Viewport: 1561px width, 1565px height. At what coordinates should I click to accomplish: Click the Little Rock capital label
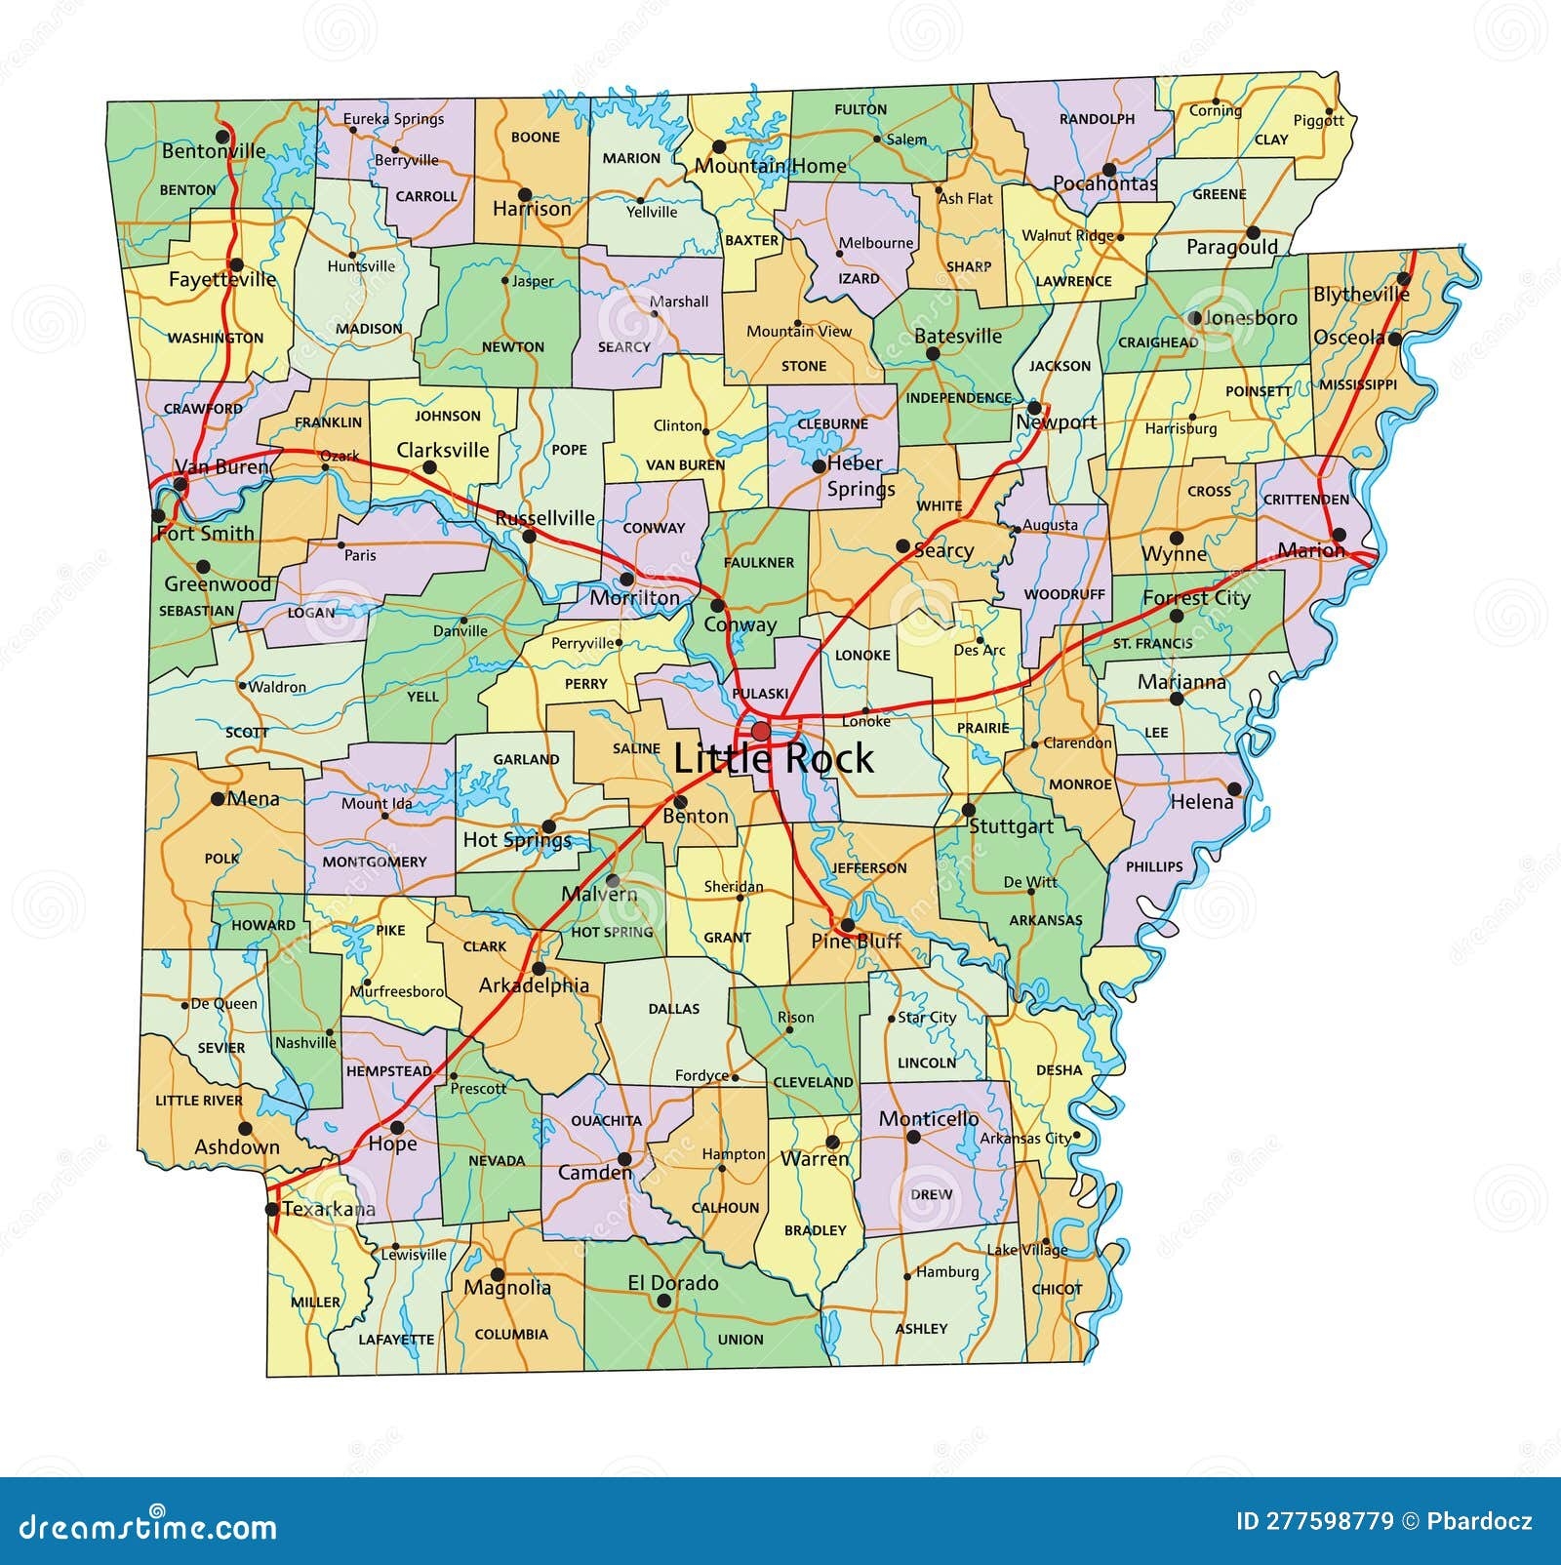pyautogui.click(x=774, y=758)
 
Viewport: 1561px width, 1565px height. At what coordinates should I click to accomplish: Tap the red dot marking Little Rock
pyautogui.click(x=760, y=731)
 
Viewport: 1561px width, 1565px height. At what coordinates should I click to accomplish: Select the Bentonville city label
pyautogui.click(x=214, y=151)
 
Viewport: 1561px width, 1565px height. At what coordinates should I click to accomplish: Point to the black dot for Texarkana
pyautogui.click(x=272, y=1209)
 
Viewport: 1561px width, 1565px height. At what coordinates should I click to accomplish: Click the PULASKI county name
pyautogui.click(x=760, y=694)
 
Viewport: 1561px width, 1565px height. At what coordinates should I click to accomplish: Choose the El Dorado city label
pyautogui.click(x=673, y=1283)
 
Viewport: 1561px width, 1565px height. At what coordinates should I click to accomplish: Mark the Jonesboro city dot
pyautogui.click(x=1195, y=318)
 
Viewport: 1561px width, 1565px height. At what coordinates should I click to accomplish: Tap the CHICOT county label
pyautogui.click(x=1058, y=1289)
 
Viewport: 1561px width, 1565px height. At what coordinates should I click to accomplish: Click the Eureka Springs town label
pyautogui.click(x=393, y=119)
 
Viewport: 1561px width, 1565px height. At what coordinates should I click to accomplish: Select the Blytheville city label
pyautogui.click(x=1361, y=294)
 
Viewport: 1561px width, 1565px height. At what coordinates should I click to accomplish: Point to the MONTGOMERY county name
pyautogui.click(x=375, y=862)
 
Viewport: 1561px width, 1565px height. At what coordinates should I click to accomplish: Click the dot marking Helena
pyautogui.click(x=1234, y=788)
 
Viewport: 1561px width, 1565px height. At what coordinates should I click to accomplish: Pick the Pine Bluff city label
pyautogui.click(x=856, y=942)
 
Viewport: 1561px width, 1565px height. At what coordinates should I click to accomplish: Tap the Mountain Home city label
pyautogui.click(x=771, y=166)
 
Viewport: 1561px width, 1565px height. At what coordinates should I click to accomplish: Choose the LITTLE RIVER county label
pyautogui.click(x=199, y=1101)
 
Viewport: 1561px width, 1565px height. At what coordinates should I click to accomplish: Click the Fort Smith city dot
pyautogui.click(x=159, y=515)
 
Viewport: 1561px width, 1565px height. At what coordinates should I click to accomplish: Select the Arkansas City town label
pyautogui.click(x=1024, y=1138)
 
